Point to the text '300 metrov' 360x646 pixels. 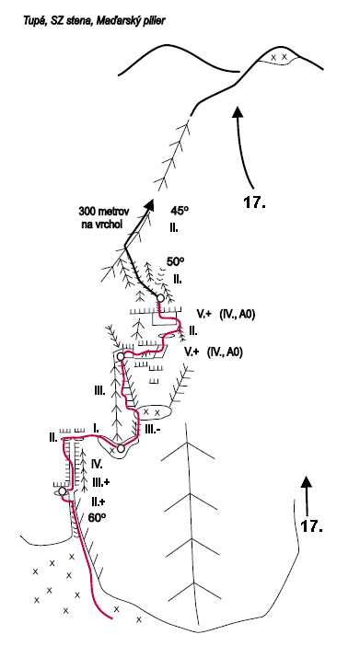[x=104, y=211]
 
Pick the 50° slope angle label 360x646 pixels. [x=176, y=261]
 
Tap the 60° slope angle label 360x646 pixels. [x=98, y=518]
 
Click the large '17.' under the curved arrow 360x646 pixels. [x=254, y=202]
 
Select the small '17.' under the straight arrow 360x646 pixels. [x=312, y=526]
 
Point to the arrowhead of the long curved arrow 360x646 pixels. [x=237, y=112]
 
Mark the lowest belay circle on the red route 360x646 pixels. [x=63, y=491]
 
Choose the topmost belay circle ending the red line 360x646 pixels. [x=159, y=298]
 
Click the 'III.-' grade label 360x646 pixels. [x=153, y=429]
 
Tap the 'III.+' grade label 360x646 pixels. [x=100, y=481]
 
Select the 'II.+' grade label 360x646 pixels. [x=99, y=501]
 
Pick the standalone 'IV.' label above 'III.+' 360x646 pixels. [x=97, y=464]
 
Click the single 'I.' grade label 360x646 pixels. [x=96, y=429]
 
